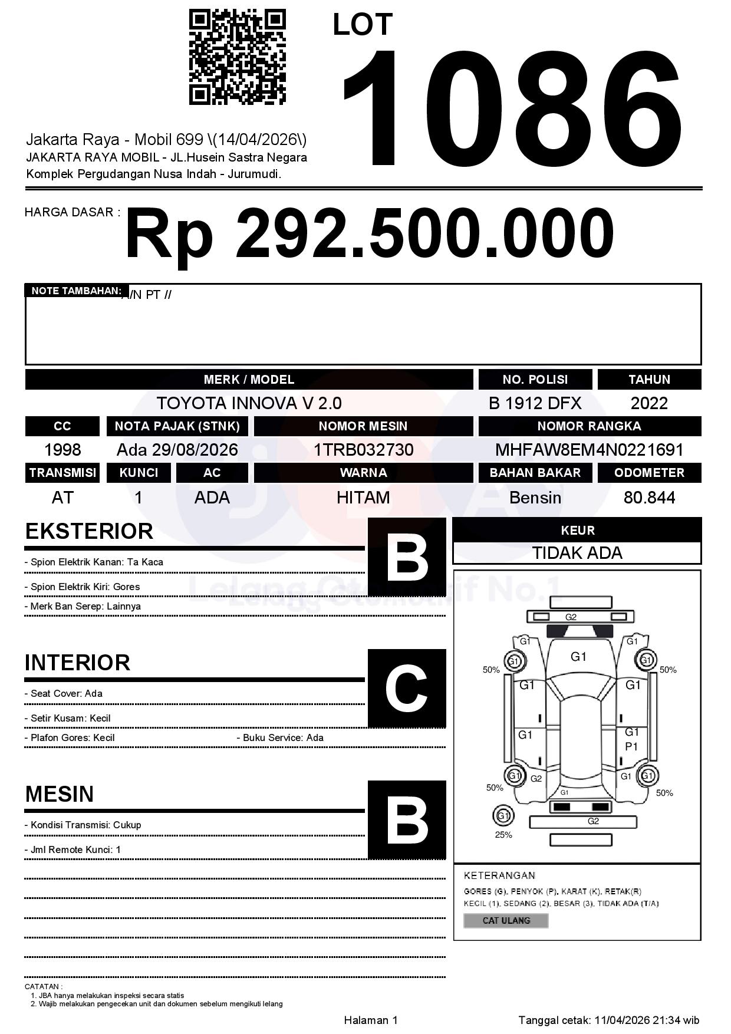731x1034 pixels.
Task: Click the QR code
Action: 237,57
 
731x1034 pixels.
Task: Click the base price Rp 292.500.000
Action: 369,233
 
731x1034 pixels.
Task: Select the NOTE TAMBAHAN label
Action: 76,291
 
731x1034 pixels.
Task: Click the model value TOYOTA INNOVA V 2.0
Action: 249,403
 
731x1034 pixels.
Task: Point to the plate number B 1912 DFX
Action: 535,403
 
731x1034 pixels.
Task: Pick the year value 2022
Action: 649,403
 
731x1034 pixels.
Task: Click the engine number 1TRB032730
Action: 363,450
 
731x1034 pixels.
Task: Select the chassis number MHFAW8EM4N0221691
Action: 589,450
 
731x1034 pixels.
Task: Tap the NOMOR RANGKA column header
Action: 589,426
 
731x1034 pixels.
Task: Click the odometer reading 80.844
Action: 649,498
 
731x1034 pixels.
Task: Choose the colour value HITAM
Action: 363,498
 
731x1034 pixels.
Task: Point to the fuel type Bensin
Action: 535,498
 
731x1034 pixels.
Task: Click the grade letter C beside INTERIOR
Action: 407,688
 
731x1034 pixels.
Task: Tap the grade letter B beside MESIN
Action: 407,819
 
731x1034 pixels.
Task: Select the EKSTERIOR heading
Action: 89,531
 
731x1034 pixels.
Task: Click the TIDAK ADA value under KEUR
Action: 577,553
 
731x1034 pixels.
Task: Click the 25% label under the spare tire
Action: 503,835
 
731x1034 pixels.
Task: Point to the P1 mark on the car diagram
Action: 631,746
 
